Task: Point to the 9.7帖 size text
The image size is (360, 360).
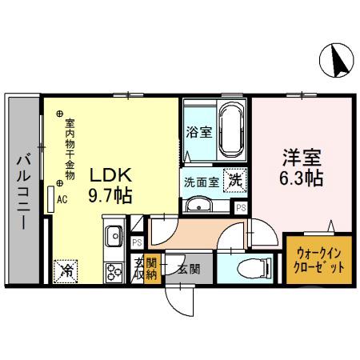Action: coord(110,194)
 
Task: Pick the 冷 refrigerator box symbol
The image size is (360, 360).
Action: coord(63,270)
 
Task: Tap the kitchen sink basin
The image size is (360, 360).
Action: coord(114,235)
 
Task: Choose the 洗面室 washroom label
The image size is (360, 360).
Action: coord(202,182)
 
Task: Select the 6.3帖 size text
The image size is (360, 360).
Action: coord(301,178)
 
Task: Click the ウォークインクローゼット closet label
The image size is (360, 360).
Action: coord(318,258)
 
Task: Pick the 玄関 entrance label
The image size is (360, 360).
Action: coord(189,269)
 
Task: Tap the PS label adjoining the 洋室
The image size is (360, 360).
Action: coord(241,206)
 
